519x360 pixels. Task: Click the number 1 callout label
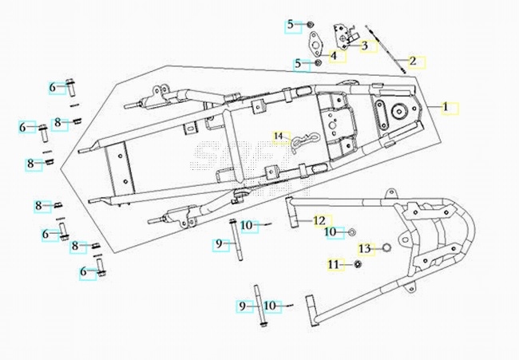[446, 107]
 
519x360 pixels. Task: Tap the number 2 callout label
[413, 61]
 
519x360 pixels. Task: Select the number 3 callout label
[364, 45]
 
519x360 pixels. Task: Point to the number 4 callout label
[334, 55]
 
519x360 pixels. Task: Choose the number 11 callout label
[334, 264]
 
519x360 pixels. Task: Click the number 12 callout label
[319, 220]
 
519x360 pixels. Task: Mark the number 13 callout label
[365, 248]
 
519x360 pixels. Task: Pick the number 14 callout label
[279, 136]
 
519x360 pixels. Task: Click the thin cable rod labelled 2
[386, 49]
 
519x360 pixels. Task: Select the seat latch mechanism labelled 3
[343, 36]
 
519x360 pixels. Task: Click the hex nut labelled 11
[358, 264]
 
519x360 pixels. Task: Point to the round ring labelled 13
[386, 247]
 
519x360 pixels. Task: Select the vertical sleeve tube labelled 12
[290, 212]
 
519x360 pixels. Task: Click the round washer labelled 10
[351, 232]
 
